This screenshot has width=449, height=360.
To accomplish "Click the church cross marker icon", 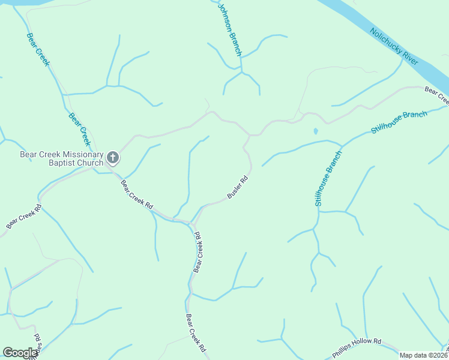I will pos(112,158).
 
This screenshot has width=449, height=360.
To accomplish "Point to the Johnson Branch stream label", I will pos(229,30).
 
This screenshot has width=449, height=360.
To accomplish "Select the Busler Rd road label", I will pos(238,188).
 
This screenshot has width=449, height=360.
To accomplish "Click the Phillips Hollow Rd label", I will pos(357,349).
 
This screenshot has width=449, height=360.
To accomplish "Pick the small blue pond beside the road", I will pos(315,131).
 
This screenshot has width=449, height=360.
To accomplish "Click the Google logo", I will pos(20,353).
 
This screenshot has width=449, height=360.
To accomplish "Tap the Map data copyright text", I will pos(424,355).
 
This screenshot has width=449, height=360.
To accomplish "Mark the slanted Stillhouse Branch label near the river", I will pos(399,122).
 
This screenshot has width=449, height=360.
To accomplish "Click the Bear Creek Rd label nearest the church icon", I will pos(137,195).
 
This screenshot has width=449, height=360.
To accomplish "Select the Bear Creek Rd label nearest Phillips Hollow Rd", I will pos(196,333).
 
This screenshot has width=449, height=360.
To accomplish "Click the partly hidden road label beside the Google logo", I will pos(37,345).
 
